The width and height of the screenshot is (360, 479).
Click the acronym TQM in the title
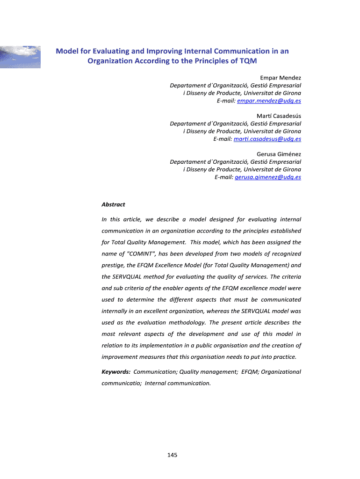pyautogui.click(x=248, y=61)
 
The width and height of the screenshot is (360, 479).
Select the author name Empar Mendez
pyautogui.click(x=281, y=77)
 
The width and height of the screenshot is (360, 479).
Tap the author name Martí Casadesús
pyautogui.click(x=279, y=116)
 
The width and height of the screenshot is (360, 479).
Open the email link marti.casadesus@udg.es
pyautogui.click(x=267, y=139)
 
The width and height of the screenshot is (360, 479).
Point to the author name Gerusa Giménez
pyautogui.click(x=279, y=154)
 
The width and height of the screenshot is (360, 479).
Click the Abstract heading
pyautogui.click(x=113, y=204)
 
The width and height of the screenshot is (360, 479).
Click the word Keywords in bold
pyautogui.click(x=116, y=371)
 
